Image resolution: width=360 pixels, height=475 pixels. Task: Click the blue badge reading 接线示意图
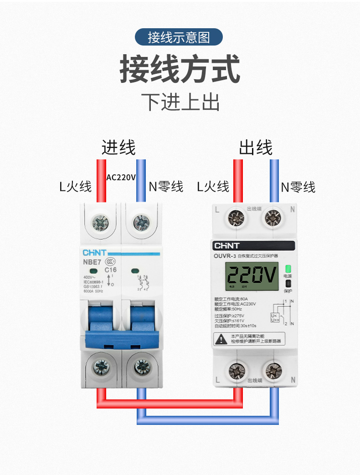179,37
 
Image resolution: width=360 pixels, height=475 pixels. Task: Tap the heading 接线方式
180,69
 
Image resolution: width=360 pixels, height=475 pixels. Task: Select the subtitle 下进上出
180,102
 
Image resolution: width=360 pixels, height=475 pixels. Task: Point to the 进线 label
118,148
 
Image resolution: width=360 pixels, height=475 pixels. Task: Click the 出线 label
255,148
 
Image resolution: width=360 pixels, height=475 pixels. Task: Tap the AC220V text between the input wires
121,177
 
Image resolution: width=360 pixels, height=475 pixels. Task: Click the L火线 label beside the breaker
76,186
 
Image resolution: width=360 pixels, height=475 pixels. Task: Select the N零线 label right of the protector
298,187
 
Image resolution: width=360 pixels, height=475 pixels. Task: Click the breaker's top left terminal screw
100,223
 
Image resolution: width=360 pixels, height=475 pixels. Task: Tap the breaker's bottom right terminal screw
142,367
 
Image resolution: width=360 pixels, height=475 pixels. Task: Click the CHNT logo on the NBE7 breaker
95,252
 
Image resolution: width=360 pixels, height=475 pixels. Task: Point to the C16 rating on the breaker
111,270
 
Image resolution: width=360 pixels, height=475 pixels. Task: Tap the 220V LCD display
252,276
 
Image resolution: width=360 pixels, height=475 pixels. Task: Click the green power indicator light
288,269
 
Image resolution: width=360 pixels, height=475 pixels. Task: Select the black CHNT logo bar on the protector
254,246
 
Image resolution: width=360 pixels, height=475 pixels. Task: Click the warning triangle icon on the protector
220,338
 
